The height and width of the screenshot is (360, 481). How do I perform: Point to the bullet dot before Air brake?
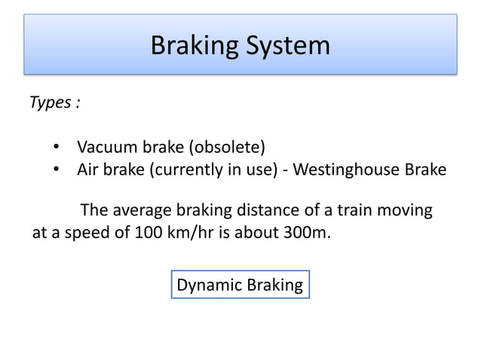[57, 169]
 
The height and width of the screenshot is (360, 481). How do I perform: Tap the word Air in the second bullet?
[88, 169]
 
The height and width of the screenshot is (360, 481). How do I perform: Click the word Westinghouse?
[345, 169]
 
